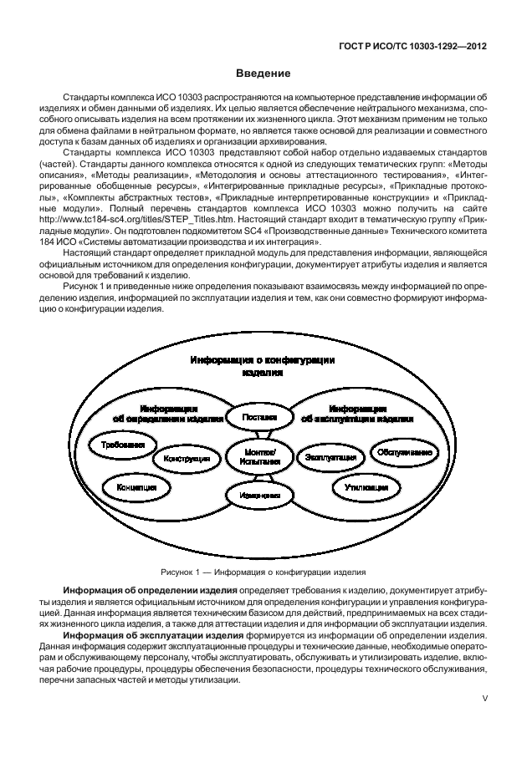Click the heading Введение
pyautogui.click(x=263, y=74)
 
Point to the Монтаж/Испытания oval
pyautogui.click(x=259, y=455)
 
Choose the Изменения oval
pyautogui.click(x=259, y=496)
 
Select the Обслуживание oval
pyautogui.click(x=403, y=452)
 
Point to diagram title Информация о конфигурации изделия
pyautogui.click(x=262, y=366)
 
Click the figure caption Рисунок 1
pyautogui.click(x=263, y=573)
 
